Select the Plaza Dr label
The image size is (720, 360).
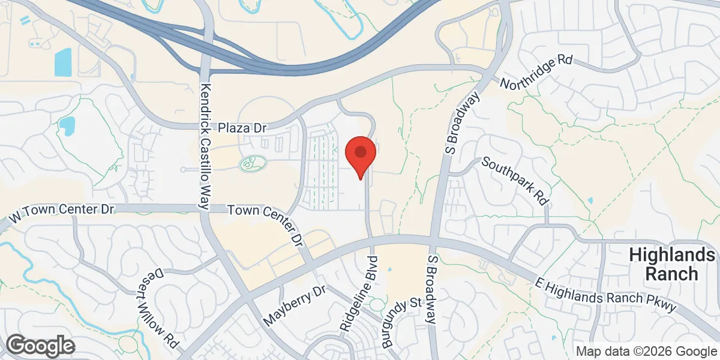click(x=242, y=128)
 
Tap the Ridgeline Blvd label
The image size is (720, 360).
click(x=358, y=295)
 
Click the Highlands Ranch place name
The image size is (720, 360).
click(x=672, y=265)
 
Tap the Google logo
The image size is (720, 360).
click(x=40, y=346)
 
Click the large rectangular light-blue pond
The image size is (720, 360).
click(x=63, y=62)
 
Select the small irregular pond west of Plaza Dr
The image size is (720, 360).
click(x=67, y=126)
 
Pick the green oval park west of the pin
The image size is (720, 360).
click(x=253, y=163)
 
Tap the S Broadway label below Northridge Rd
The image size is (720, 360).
click(x=463, y=124)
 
